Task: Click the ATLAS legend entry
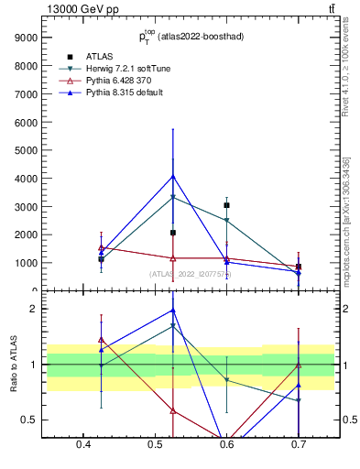[x=98, y=57]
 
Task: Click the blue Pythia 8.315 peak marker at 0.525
[x=173, y=177]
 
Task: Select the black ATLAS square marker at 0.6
[x=226, y=205]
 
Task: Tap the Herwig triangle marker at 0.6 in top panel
[x=226, y=220]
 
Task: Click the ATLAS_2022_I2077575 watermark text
[x=191, y=273]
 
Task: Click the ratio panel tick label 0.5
[x=31, y=420]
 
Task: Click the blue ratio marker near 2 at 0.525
[x=173, y=311]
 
